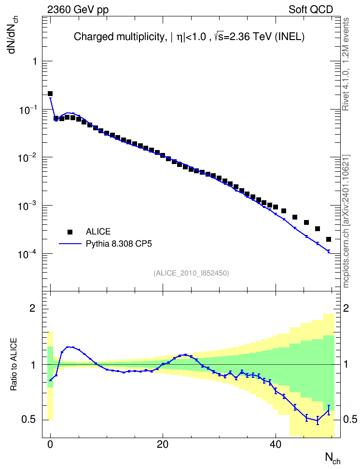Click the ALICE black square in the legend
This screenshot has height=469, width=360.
[x=70, y=232]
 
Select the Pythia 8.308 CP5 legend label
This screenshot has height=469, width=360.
[x=119, y=244]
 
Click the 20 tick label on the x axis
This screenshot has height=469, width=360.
[x=163, y=444]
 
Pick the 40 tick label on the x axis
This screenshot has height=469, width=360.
[x=276, y=444]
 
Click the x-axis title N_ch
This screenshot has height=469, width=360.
[x=333, y=458]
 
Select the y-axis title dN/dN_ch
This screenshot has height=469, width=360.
[x=13, y=34]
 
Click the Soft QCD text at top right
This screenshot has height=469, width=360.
[x=311, y=10]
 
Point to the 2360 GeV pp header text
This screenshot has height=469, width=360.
[x=78, y=10]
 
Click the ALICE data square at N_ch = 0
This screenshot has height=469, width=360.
[x=50, y=94]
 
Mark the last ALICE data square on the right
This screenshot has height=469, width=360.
[x=329, y=239]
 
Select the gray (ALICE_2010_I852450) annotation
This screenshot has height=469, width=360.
[x=191, y=273]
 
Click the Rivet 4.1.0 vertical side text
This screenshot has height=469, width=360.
[x=346, y=64]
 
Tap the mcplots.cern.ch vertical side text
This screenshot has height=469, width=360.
[x=346, y=221]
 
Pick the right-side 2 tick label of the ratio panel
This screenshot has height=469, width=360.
[x=346, y=308]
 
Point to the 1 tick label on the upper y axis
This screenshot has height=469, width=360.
[x=35, y=61]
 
